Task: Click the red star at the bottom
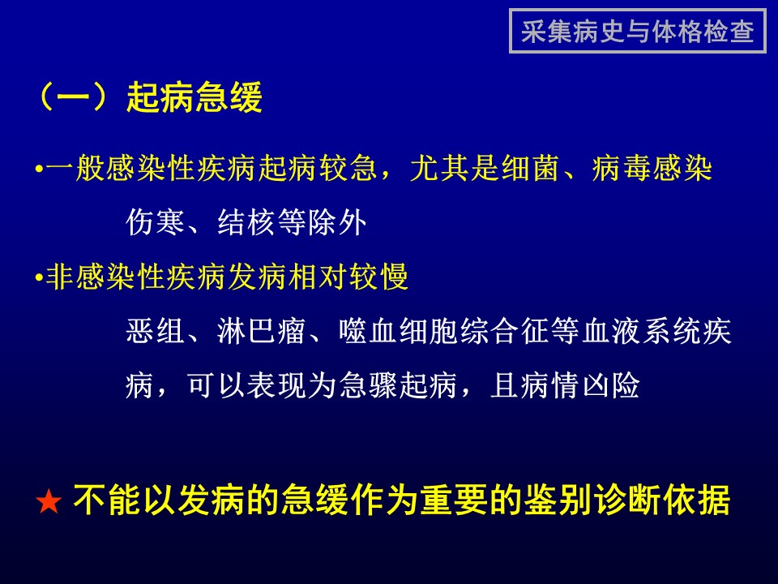pyautogui.click(x=49, y=501)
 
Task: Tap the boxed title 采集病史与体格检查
pyautogui.click(x=638, y=32)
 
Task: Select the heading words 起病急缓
pyautogui.click(x=194, y=97)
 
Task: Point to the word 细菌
pyautogui.click(x=531, y=168)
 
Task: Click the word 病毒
pyautogui.click(x=622, y=168)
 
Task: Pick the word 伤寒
pyautogui.click(x=156, y=222)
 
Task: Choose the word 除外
pyautogui.click(x=337, y=222)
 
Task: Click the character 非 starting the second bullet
pyautogui.click(x=60, y=277)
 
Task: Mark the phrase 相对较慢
pyautogui.click(x=348, y=277)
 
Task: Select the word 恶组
pyautogui.click(x=156, y=331)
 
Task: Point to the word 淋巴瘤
pyautogui.click(x=262, y=331)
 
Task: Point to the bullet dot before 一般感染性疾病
pyautogui.click(x=39, y=170)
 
